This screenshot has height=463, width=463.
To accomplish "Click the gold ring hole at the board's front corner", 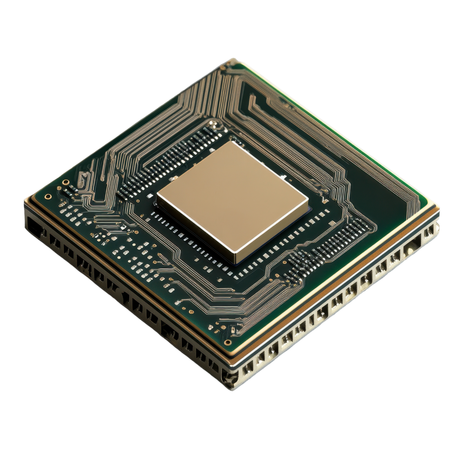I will [228, 342].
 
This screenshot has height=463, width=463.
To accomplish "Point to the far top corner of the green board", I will [232, 60].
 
